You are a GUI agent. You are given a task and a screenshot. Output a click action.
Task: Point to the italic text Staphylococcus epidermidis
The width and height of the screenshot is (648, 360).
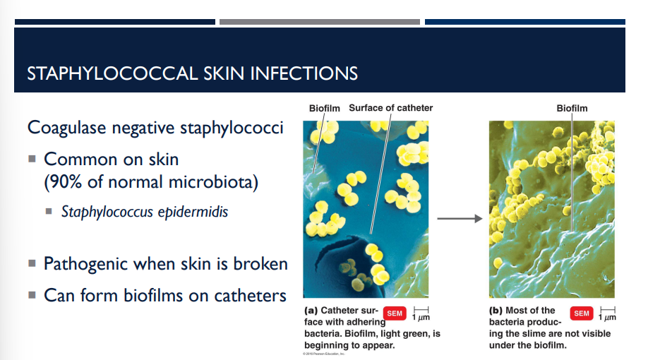(145, 211)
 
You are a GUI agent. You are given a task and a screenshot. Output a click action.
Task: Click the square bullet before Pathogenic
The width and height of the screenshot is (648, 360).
(32, 264)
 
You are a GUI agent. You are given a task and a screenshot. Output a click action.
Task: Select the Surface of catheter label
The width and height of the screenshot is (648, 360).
(390, 108)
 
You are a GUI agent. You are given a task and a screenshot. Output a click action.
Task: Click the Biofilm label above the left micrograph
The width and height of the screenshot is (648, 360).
(324, 108)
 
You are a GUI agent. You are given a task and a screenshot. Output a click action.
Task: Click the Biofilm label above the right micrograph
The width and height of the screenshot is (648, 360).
(571, 108)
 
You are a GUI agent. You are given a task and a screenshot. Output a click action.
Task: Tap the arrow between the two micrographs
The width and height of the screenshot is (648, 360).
(459, 219)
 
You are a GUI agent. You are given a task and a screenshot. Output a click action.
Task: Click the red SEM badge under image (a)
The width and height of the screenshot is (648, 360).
(395, 313)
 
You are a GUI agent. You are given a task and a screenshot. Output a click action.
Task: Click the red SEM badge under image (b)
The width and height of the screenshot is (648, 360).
(582, 313)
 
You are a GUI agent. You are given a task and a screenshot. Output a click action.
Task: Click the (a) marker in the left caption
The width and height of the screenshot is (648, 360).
(311, 311)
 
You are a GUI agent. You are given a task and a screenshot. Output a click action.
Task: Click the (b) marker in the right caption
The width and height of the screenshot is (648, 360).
(496, 311)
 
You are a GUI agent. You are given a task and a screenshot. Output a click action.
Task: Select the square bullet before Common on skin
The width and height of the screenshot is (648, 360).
(32, 160)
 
